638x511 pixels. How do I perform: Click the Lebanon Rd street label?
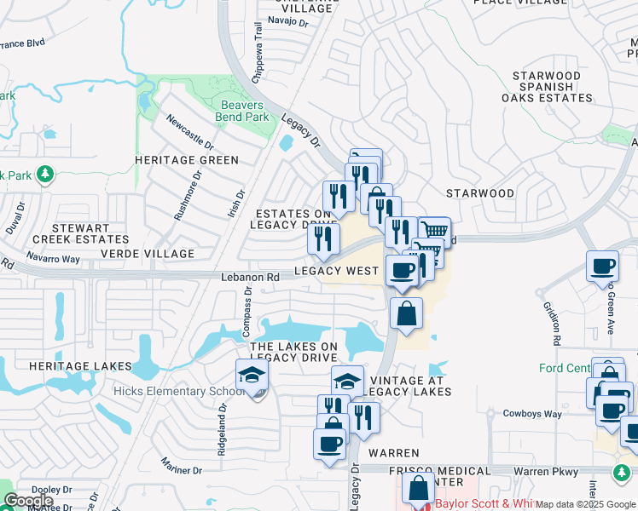(x=251, y=277)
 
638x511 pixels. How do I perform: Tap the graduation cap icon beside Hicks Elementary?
(x=252, y=376)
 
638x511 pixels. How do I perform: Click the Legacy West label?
(x=336, y=271)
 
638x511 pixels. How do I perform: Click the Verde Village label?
(x=148, y=254)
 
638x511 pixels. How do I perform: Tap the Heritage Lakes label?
(x=80, y=366)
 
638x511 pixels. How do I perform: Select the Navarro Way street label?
(x=52, y=257)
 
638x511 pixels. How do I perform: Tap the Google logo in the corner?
(x=29, y=501)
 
